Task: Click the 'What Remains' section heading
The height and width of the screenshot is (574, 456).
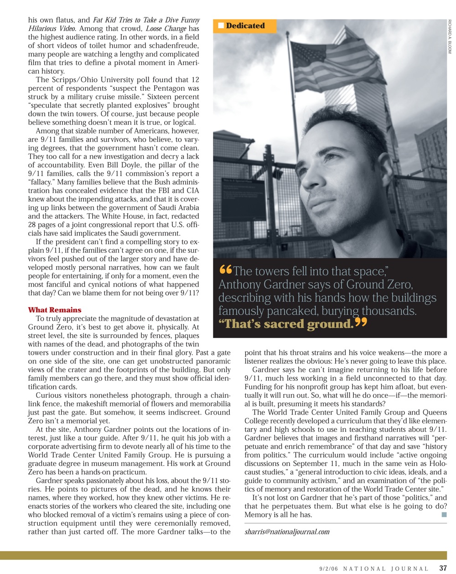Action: point(55,310)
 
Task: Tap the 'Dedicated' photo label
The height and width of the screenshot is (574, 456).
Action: point(245,26)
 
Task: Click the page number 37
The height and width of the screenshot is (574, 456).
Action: point(443,568)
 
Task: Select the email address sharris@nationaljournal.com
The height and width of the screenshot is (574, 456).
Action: point(287,531)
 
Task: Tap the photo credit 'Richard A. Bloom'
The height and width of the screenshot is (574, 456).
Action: point(450,37)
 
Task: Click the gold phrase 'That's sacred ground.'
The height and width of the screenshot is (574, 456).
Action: point(286,324)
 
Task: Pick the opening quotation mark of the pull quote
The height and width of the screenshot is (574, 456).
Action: point(225,270)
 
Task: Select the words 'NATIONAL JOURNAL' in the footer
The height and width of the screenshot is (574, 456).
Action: point(385,569)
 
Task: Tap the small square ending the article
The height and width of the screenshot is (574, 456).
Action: point(444,514)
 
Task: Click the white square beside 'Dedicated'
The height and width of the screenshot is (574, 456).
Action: point(221,26)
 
